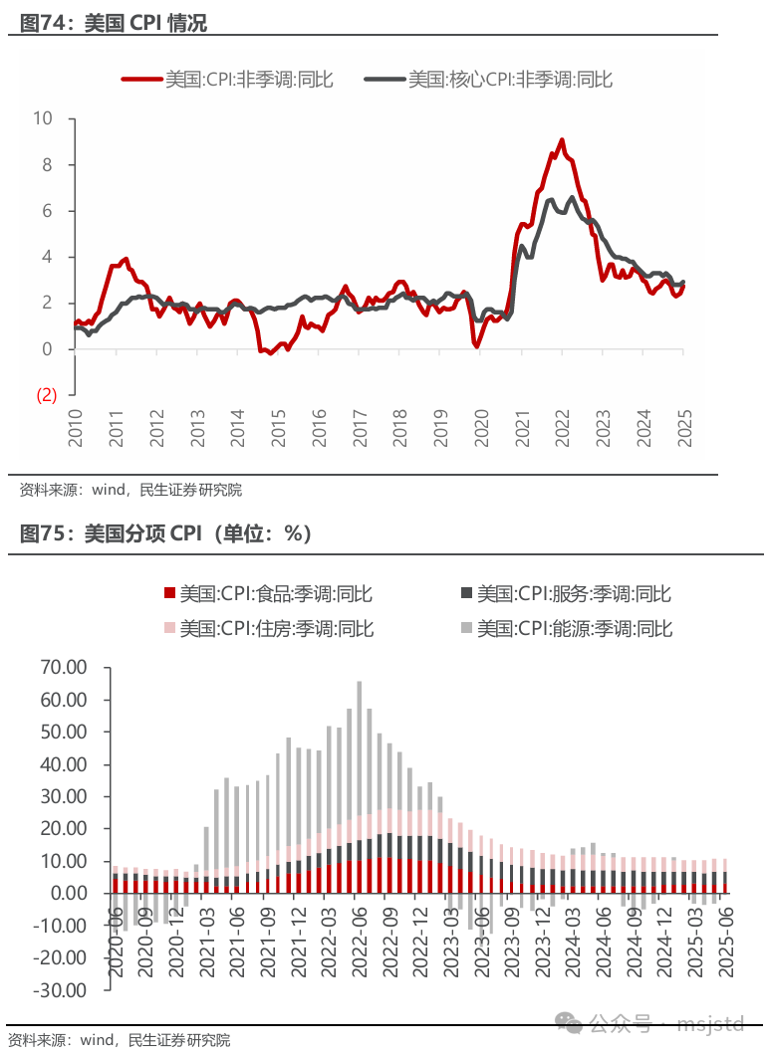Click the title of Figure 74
pos(114,23)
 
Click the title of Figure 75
pos(165,535)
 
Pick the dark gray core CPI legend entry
pos(488,80)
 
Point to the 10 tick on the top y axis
pos(43,118)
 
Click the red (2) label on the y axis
pos(46,395)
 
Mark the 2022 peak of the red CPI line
pos(562,140)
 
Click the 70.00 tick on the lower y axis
pos(62,667)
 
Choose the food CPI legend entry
pos(267,594)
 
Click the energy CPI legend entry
pos(566,628)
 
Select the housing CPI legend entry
pos(267,628)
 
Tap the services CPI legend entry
pos(566,594)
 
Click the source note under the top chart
pos(129,490)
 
